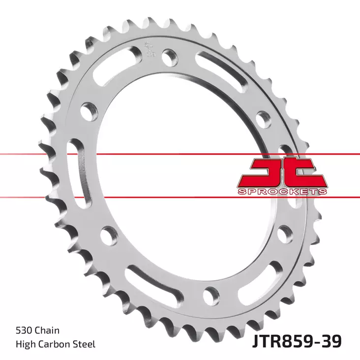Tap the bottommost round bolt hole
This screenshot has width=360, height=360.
pos(210,294)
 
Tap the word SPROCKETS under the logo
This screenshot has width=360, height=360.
pos(282,191)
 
